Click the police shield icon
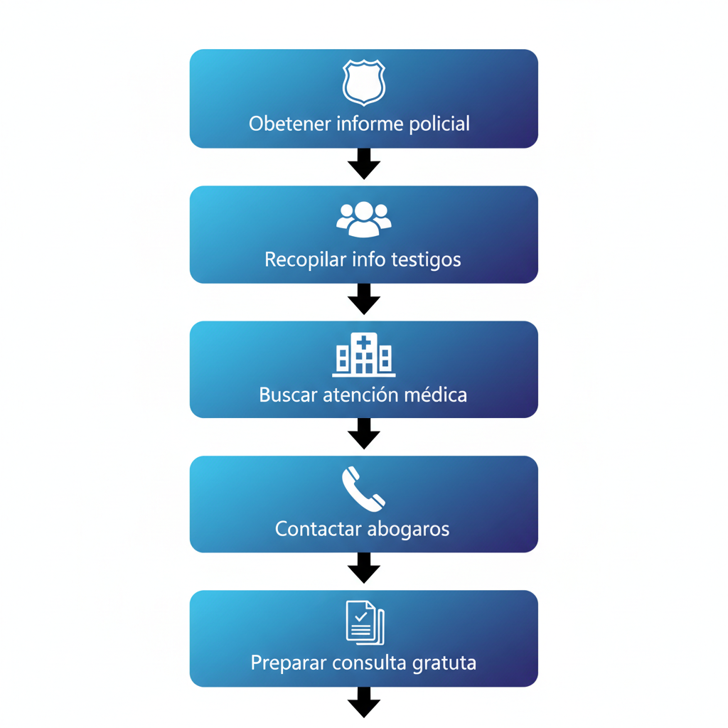point(364,82)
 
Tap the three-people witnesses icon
point(364,219)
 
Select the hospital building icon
point(364,354)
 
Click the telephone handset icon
point(363,489)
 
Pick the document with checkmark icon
point(365,623)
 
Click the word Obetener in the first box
point(289,124)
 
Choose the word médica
point(436,395)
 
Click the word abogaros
point(409,530)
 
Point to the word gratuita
point(444,663)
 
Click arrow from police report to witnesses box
point(364,164)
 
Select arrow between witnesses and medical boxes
point(364,299)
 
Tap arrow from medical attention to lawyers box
point(364,434)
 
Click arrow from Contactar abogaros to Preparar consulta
point(364,569)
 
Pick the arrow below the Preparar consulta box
point(364,702)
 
